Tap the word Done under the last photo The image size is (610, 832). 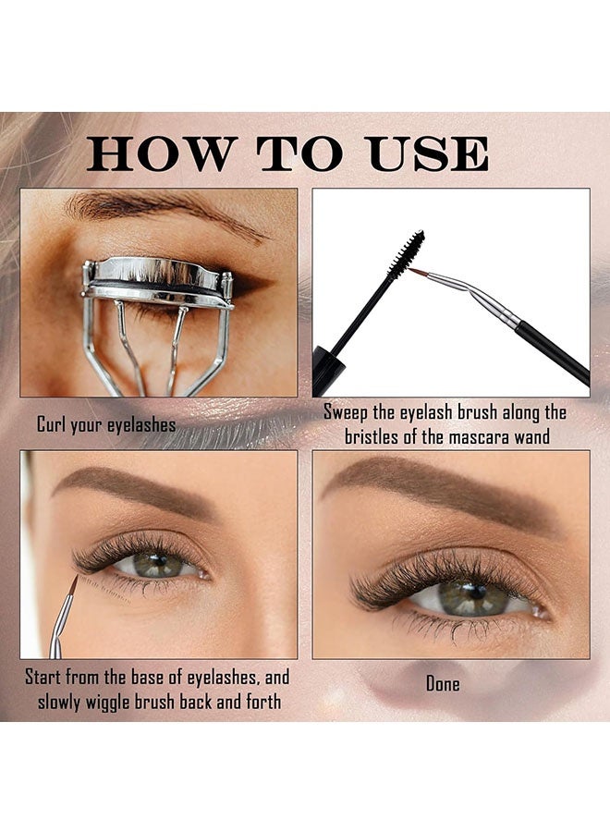point(443,685)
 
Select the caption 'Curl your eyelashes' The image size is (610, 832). point(106,425)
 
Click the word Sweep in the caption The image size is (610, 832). point(348,412)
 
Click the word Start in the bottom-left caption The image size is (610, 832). point(47,676)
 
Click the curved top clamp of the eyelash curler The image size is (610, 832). point(157,275)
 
